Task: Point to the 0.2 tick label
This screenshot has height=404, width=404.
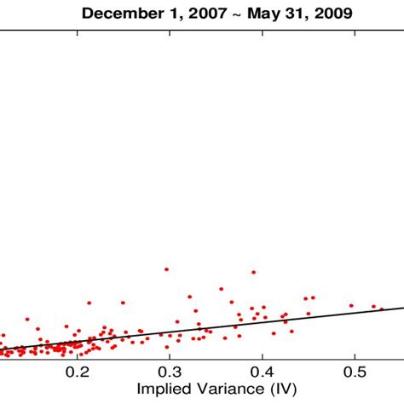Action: (78, 372)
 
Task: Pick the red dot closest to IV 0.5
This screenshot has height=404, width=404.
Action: (350, 305)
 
